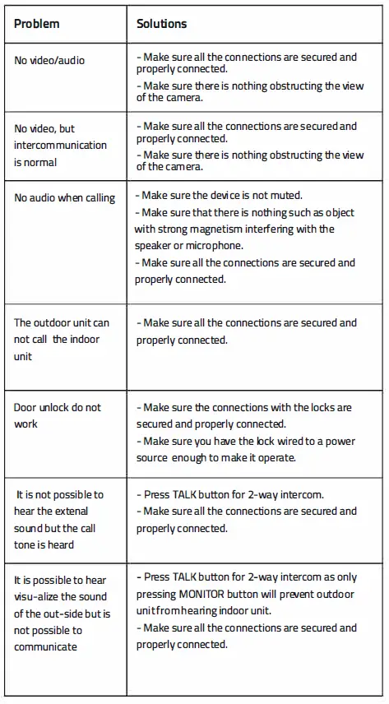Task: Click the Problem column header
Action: tap(36, 24)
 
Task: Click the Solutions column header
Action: tap(161, 24)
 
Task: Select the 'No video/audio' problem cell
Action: tap(49, 61)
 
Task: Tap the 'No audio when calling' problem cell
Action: tap(64, 198)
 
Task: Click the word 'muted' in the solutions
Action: tap(285, 196)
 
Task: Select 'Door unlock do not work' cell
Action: tap(57, 415)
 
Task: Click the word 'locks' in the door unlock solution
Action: tap(338, 408)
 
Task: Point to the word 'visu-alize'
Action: tap(42, 597)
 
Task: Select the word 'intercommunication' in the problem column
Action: tap(60, 146)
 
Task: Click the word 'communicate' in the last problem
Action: tap(45, 646)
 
